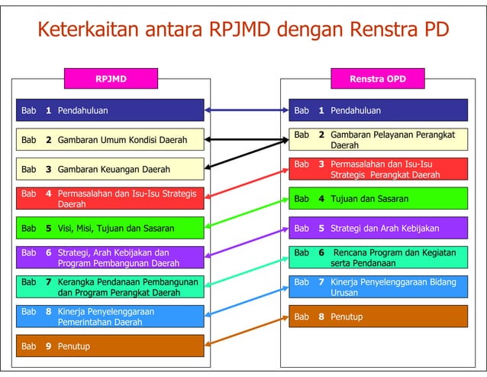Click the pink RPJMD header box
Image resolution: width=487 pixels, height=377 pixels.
(111, 79)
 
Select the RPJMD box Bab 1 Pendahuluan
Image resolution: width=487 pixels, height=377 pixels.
(111, 110)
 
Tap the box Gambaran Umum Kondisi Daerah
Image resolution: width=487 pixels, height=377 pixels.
(111, 140)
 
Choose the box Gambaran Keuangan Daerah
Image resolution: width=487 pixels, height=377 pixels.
(111, 169)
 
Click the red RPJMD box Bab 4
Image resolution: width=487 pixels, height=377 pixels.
(111, 199)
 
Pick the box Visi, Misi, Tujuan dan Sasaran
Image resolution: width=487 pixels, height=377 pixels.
(111, 228)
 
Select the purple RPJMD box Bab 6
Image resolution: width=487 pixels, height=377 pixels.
(111, 258)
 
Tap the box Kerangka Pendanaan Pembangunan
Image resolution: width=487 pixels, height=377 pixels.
(111, 287)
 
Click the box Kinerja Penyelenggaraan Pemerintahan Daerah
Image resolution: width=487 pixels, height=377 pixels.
(111, 317)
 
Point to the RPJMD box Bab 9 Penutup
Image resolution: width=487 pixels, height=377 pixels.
(111, 346)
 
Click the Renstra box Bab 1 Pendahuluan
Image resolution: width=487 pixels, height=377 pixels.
(378, 110)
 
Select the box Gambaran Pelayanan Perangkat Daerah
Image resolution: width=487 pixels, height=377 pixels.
(378, 139)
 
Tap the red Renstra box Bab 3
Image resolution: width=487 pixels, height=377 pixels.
(378, 169)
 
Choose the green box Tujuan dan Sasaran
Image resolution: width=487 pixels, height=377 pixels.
(378, 199)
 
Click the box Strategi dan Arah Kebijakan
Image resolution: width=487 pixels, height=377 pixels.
(378, 228)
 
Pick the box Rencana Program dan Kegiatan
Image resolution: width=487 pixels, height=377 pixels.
(378, 258)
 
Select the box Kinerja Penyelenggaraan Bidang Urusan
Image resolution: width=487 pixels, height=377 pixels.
(378, 287)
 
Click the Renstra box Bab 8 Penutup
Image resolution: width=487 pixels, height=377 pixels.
(378, 317)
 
